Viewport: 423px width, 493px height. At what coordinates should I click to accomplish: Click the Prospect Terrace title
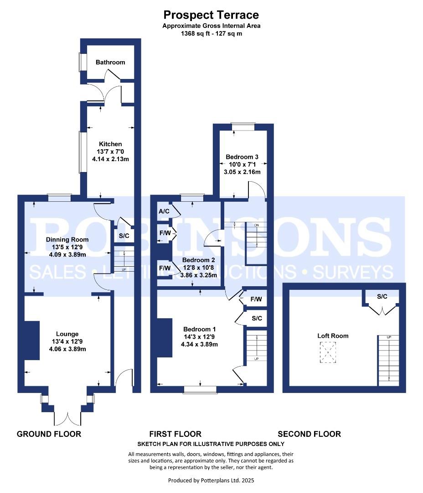click(x=211, y=15)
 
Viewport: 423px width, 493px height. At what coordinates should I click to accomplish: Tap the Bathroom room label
click(x=110, y=62)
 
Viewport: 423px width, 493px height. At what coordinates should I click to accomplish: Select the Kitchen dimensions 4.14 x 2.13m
click(x=110, y=159)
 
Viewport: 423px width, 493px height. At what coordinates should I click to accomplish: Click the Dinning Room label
click(x=67, y=240)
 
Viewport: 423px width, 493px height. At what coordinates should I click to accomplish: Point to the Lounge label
click(x=67, y=334)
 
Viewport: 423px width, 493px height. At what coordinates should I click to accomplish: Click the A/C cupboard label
click(x=164, y=211)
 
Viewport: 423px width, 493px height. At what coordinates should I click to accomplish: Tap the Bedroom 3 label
click(x=242, y=157)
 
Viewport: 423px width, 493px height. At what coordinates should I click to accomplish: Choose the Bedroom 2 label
click(x=198, y=260)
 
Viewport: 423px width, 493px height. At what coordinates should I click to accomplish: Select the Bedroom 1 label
click(x=199, y=329)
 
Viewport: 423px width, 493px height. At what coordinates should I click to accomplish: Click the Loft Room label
click(x=333, y=336)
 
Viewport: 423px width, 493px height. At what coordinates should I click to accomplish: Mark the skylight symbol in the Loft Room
click(x=328, y=352)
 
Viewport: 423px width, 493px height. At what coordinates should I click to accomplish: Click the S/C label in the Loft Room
click(x=382, y=297)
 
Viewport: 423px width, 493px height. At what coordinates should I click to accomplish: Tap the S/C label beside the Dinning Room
click(x=124, y=236)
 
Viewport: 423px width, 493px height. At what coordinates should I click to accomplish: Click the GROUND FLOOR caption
click(x=49, y=434)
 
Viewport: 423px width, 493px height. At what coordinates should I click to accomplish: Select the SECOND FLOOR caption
click(x=310, y=434)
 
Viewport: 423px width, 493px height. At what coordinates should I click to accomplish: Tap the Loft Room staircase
click(x=389, y=361)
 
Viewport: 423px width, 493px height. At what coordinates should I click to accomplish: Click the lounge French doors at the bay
click(x=67, y=418)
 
